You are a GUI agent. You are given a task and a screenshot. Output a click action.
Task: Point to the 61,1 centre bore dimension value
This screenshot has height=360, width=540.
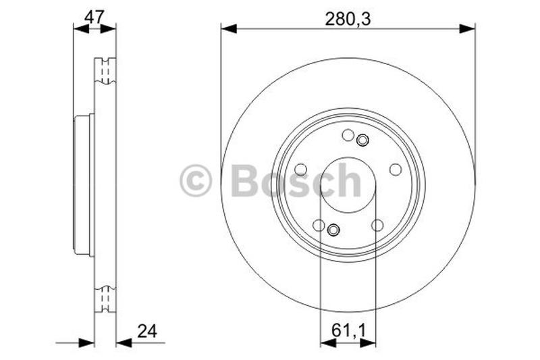click(x=348, y=330)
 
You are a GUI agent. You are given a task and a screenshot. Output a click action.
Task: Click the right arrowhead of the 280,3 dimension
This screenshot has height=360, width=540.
click(x=467, y=28)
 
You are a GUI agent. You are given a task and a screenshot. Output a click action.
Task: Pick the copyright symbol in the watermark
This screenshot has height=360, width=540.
click(x=196, y=181)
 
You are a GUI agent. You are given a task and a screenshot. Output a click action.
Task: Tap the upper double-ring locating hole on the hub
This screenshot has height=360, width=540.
click(x=362, y=140)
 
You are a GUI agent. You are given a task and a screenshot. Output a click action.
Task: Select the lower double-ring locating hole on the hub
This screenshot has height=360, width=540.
click(x=333, y=231)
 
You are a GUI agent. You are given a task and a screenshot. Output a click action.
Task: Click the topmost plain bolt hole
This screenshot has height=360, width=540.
click(x=348, y=135)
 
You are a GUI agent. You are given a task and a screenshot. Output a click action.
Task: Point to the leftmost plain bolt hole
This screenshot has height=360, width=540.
click(x=301, y=169)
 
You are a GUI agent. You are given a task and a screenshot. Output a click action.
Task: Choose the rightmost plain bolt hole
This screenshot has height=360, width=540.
click(x=396, y=170)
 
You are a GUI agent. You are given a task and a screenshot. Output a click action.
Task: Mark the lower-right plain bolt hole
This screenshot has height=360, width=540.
click(x=377, y=225)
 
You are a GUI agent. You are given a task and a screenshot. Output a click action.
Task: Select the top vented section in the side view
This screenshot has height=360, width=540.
click(x=105, y=71)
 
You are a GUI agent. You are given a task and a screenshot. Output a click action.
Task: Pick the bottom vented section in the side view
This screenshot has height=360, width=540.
click(x=105, y=299)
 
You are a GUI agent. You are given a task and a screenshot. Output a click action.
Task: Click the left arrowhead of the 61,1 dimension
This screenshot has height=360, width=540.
click(x=328, y=342)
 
